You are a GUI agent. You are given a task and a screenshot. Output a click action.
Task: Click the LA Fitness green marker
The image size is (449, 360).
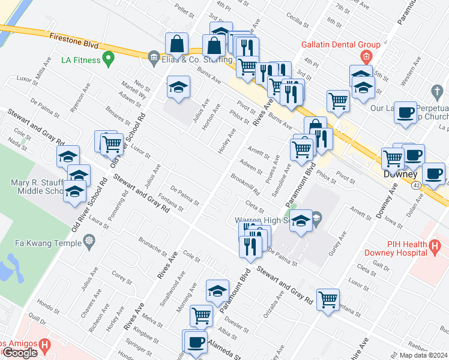109,58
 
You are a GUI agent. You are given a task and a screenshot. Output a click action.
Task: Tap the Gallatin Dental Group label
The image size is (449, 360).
341,44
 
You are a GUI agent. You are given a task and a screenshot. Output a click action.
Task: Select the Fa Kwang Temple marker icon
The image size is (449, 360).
89,241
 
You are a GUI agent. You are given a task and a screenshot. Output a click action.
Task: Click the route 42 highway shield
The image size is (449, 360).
417,185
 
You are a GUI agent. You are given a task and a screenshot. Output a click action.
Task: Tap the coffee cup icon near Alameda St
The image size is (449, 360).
195,341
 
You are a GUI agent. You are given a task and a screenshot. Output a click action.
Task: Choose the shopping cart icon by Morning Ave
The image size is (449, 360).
201,315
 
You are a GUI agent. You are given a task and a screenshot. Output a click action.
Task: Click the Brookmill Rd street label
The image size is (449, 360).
245,184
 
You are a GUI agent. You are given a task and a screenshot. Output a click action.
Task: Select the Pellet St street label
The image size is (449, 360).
183,10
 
